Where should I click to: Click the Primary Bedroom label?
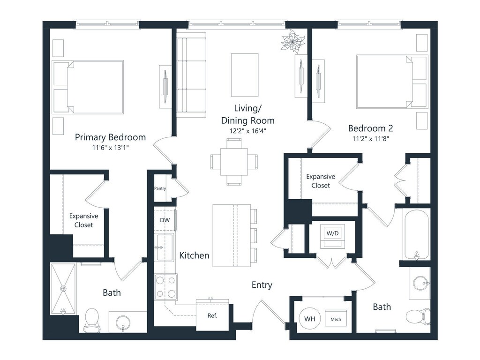coord(110,137)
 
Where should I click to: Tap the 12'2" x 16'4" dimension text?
coord(247,131)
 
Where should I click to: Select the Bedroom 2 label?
coord(370,128)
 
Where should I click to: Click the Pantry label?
coord(160,188)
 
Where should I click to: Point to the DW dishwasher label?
coord(165,220)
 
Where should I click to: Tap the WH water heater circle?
coord(309,319)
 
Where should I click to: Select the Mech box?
coord(336,319)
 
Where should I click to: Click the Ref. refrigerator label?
coord(212,315)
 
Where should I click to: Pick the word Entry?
coord(262,285)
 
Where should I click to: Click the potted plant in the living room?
coord(293,40)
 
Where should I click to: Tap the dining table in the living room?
coord(234,162)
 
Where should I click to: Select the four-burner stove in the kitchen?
coord(165,287)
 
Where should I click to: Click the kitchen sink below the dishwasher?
coord(165,247)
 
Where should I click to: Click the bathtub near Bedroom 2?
coord(416,235)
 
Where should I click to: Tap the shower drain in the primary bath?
coord(63,288)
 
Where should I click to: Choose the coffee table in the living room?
coord(245,75)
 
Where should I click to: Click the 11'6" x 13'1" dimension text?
coord(110,148)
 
